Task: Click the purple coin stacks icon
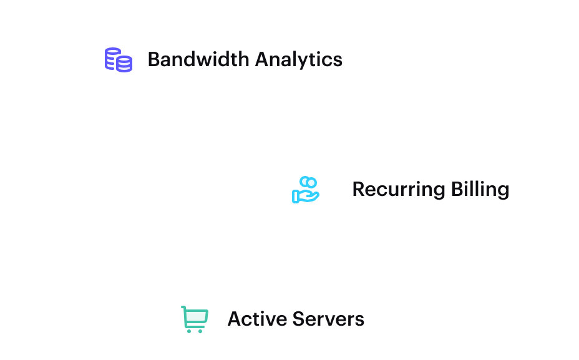119,60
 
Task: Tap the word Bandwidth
190,60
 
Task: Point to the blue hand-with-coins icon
306,190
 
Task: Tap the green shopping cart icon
193,319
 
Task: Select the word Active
252,319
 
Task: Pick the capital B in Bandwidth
153,60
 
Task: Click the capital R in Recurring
358,190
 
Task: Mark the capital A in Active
235,319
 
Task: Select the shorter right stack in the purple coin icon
125,64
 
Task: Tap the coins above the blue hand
308,183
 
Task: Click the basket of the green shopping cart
195,317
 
